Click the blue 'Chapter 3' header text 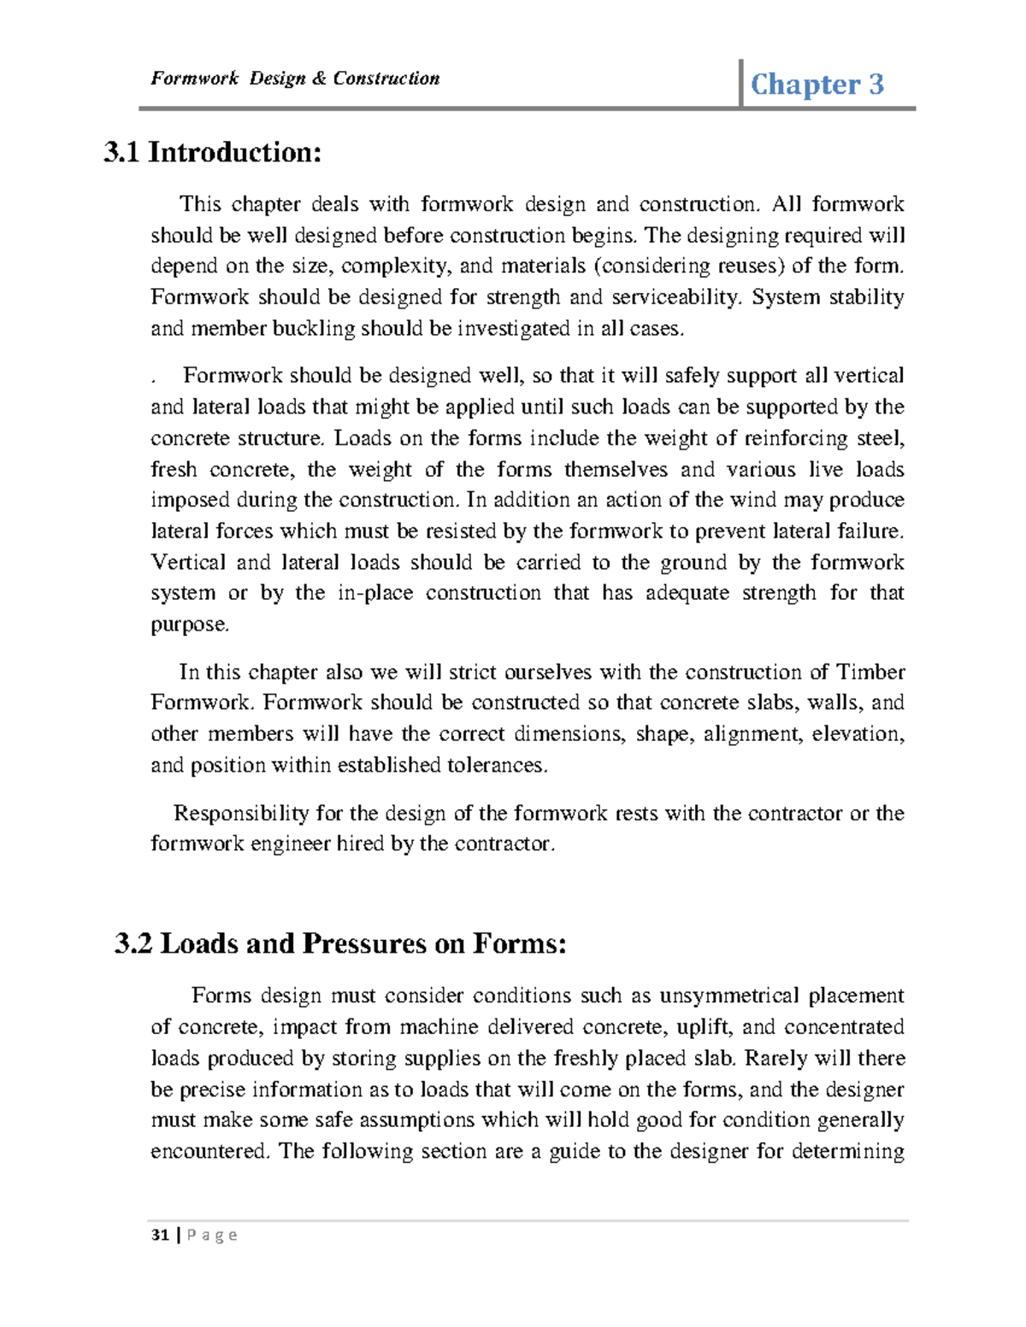click(817, 84)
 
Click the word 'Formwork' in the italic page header click(194, 79)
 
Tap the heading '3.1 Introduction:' click(213, 152)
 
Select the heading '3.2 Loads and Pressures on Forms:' click(340, 943)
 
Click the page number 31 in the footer click(159, 1235)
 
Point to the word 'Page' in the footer click(212, 1235)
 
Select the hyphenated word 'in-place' click(375, 593)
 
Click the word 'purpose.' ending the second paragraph click(190, 625)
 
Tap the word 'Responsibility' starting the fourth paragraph click(241, 813)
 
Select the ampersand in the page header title click(319, 79)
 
